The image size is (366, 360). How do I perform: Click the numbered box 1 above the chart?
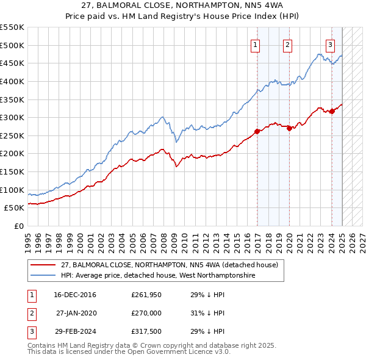pyautogui.click(x=254, y=44)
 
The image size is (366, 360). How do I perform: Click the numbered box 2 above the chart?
pyautogui.click(x=287, y=44)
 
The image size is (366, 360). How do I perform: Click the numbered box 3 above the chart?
pyautogui.click(x=330, y=44)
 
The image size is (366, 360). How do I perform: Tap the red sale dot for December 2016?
pyautogui.click(x=257, y=131)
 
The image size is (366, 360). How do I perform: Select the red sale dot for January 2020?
pyautogui.click(x=289, y=128)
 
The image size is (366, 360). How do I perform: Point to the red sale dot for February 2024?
pyautogui.click(x=332, y=111)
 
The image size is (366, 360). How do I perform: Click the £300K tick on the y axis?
pyautogui.click(x=12, y=117)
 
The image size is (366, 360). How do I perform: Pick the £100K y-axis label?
pyautogui.click(x=12, y=190)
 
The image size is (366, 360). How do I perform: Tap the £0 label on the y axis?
pyautogui.click(x=18, y=226)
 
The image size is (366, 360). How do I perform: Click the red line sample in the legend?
pyautogui.click(x=43, y=265)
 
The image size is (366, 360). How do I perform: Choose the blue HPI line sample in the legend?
pyautogui.click(x=43, y=276)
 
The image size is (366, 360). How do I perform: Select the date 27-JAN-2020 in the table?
pyautogui.click(x=76, y=313)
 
